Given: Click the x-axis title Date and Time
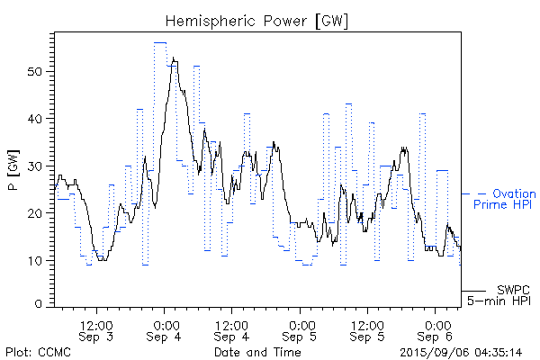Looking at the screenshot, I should pyautogui.click(x=258, y=351).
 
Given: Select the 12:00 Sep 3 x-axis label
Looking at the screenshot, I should pyautogui.click(x=96, y=330).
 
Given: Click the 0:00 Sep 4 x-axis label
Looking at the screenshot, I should pyautogui.click(x=165, y=330).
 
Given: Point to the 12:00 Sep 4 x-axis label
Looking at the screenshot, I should pyautogui.click(x=232, y=330).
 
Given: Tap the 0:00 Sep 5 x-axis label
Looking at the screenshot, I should pyautogui.click(x=301, y=330).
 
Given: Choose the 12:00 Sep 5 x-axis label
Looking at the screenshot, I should pyautogui.click(x=368, y=330).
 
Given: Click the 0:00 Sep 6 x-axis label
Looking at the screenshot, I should pyautogui.click(x=436, y=330).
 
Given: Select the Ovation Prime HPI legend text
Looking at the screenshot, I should pyautogui.click(x=504, y=199).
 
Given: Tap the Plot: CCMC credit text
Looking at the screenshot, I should pyautogui.click(x=35, y=351).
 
